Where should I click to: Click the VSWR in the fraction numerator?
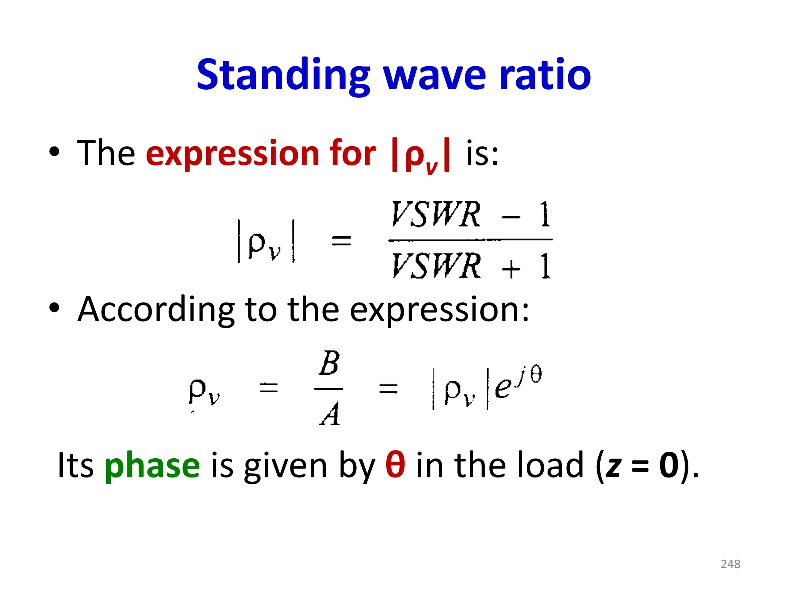click(436, 214)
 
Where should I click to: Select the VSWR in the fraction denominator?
click(436, 266)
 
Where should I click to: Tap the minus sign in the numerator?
click(511, 217)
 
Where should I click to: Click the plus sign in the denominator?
click(511, 268)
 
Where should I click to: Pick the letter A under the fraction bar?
click(330, 414)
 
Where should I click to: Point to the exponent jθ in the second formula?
click(529, 375)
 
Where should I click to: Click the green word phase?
click(152, 466)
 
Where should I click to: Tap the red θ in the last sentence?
click(395, 464)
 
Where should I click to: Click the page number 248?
click(730, 564)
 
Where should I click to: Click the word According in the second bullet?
click(156, 310)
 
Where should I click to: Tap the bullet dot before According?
click(54, 308)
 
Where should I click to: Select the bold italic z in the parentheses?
click(613, 466)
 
